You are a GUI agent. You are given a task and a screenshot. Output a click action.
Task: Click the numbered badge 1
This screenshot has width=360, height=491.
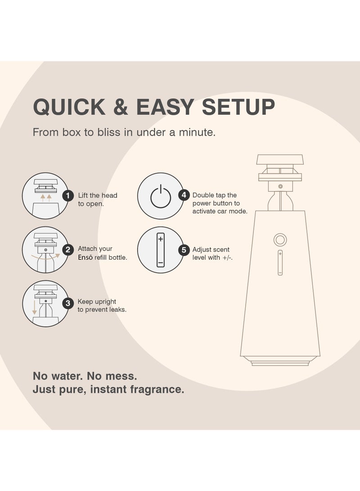67,195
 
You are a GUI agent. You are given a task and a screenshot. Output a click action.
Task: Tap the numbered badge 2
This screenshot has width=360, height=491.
67,250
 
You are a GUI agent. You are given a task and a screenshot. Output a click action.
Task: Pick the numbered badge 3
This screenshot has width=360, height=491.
67,303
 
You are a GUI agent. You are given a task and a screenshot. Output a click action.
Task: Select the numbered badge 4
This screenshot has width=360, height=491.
183,195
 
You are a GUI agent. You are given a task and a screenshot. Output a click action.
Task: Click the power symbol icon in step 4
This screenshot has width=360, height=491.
160,197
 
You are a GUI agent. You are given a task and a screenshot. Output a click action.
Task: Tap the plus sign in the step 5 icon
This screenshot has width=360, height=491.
160,239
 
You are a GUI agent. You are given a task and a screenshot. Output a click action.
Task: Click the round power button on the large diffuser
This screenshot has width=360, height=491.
280,239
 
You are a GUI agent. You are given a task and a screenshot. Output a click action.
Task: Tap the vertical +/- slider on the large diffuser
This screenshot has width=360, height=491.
280,263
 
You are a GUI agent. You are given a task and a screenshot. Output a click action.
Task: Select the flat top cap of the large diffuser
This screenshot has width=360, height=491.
280,159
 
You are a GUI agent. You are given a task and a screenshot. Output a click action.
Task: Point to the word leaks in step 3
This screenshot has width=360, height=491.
117,310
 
